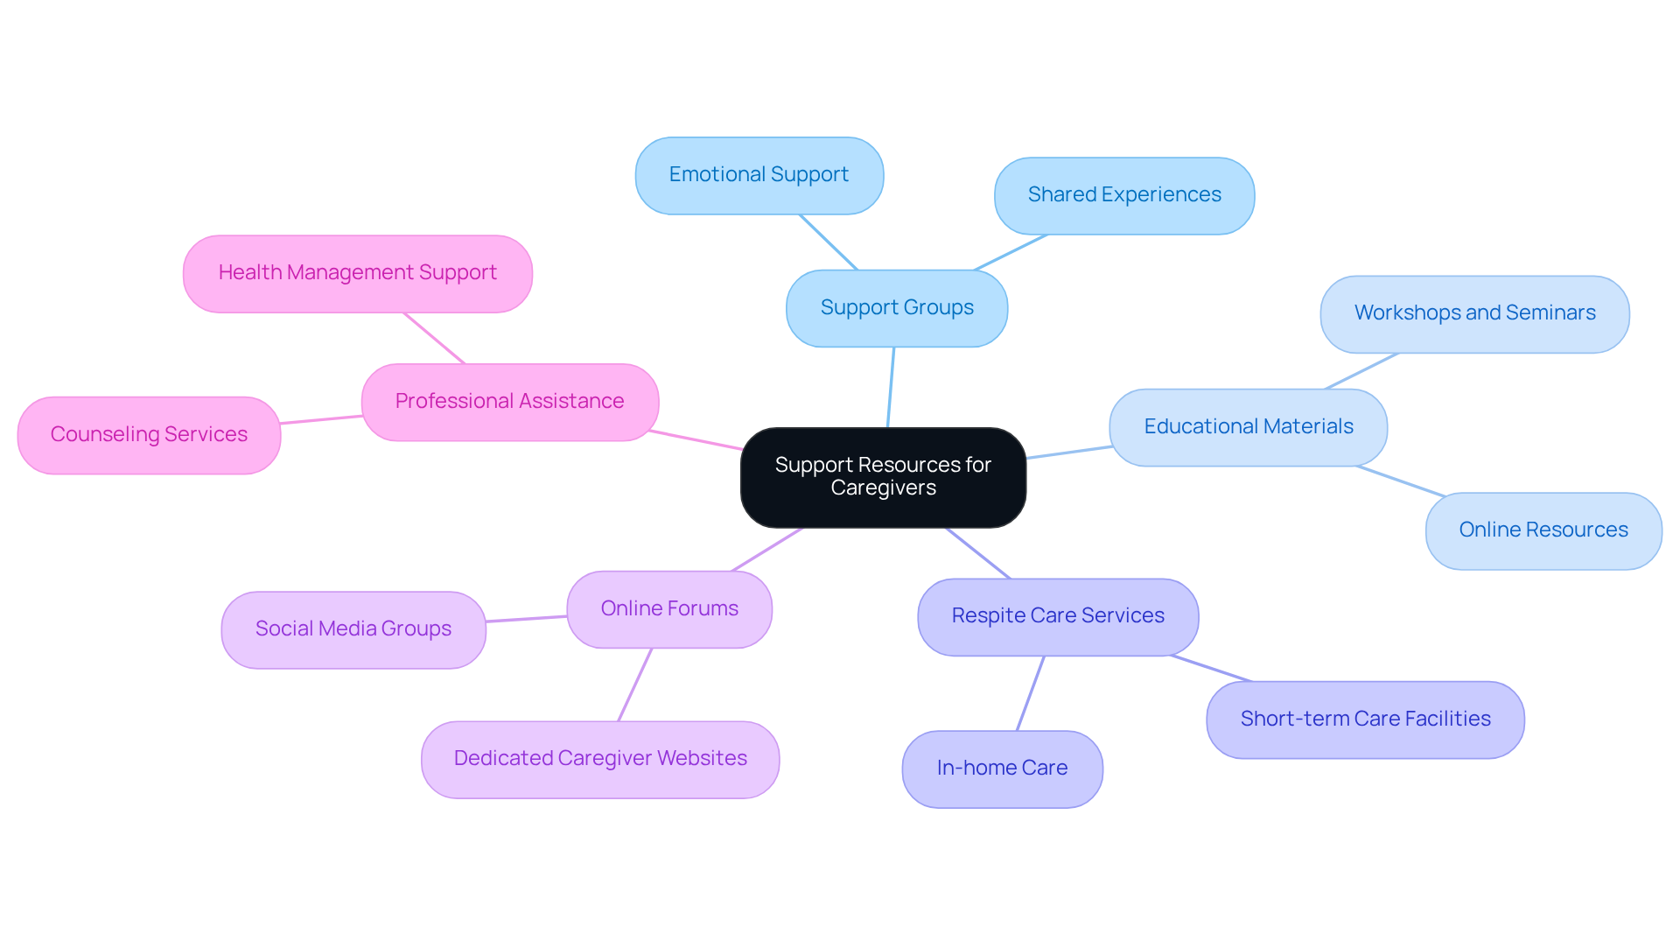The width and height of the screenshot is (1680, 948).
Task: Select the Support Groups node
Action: click(x=897, y=308)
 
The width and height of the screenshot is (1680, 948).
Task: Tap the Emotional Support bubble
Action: click(x=759, y=175)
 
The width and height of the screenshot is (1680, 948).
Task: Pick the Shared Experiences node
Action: click(x=1123, y=195)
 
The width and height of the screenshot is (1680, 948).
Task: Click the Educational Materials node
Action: click(x=1248, y=427)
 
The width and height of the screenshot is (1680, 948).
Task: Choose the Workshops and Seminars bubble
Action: click(x=1474, y=313)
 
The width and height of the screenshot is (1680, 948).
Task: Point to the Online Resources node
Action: click(x=1543, y=530)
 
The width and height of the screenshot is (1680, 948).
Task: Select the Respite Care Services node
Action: click(x=1057, y=616)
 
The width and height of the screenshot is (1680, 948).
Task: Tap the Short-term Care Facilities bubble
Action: click(x=1365, y=720)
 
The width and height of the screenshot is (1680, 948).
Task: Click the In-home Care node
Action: click(x=1002, y=769)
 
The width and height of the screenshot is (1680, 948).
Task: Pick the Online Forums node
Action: click(x=669, y=609)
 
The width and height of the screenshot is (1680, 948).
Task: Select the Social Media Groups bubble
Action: click(x=353, y=629)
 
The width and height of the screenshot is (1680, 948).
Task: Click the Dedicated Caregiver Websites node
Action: click(x=600, y=759)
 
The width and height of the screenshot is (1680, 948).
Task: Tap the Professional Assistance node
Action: click(x=509, y=402)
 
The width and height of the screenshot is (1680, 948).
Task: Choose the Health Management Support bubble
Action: click(x=357, y=273)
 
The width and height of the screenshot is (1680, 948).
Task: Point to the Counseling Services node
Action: click(x=149, y=435)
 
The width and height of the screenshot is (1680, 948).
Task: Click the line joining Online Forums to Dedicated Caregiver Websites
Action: click(x=635, y=685)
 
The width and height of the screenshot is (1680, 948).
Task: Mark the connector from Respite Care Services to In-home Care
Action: click(x=1031, y=692)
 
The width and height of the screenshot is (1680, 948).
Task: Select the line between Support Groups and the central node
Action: click(x=891, y=388)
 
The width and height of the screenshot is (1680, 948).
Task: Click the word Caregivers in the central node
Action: click(x=883, y=488)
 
